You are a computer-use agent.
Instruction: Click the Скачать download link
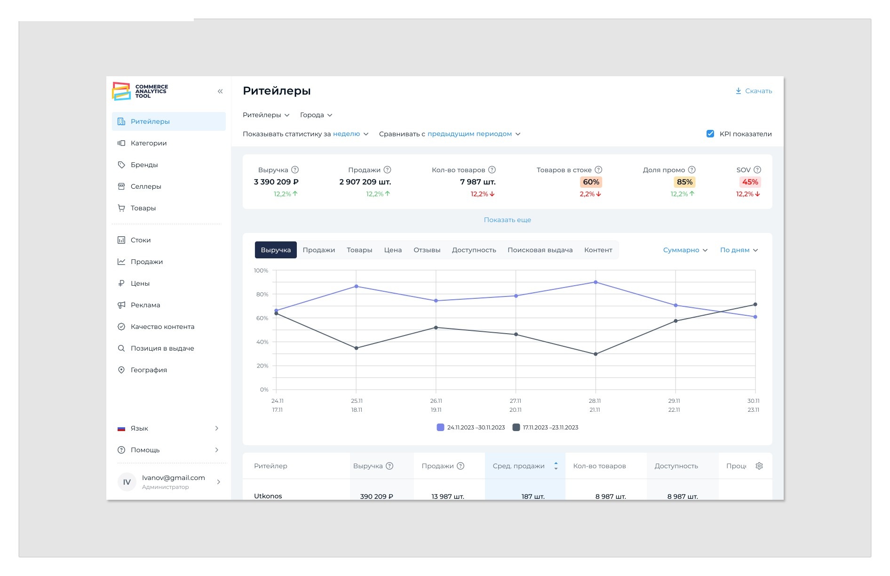(x=754, y=91)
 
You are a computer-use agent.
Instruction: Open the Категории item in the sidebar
(x=149, y=143)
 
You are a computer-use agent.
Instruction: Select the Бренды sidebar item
(x=144, y=165)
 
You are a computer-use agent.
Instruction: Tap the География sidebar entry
(x=149, y=370)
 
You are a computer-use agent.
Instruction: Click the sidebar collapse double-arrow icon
(x=220, y=91)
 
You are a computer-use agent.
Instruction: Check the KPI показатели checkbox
(x=710, y=134)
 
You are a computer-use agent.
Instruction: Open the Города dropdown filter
(x=316, y=115)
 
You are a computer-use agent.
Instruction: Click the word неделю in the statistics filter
(x=346, y=134)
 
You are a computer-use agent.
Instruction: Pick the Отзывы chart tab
(x=427, y=250)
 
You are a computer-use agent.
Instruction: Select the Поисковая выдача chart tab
(x=540, y=250)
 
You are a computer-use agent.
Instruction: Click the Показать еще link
(x=507, y=220)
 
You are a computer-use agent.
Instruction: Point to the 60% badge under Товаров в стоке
(x=591, y=182)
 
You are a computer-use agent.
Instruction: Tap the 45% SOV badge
(x=750, y=182)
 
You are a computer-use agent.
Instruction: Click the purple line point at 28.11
(x=596, y=282)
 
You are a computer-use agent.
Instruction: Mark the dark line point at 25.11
(x=356, y=348)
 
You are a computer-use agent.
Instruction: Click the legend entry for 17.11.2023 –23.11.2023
(x=545, y=427)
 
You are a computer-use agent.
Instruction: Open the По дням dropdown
(x=739, y=250)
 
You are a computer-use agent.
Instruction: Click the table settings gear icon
(x=759, y=466)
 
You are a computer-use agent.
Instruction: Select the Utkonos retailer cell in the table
(x=268, y=496)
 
